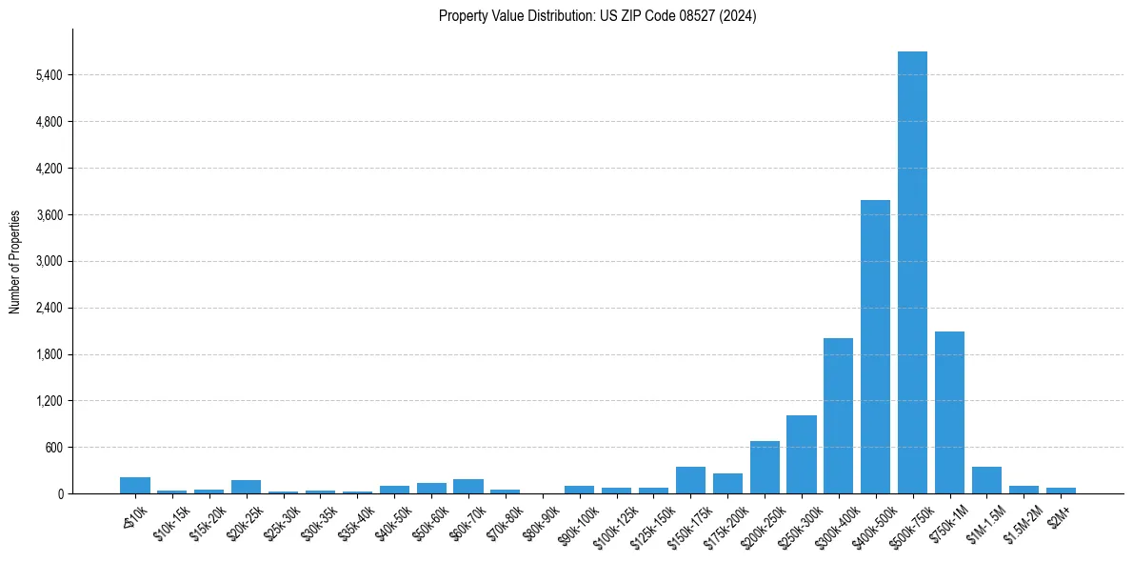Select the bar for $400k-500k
pyautogui.click(x=875, y=347)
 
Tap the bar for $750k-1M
pyautogui.click(x=949, y=412)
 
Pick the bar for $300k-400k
pyautogui.click(x=838, y=416)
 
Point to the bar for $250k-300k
pyautogui.click(x=801, y=454)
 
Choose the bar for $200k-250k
pyautogui.click(x=765, y=468)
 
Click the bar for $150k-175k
pyautogui.click(x=690, y=480)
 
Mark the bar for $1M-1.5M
pyautogui.click(x=986, y=480)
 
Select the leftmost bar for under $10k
pyautogui.click(x=135, y=486)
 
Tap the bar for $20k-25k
pyautogui.click(x=246, y=487)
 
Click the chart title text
pyautogui.click(x=597, y=16)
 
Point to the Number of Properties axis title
pyautogui.click(x=15, y=262)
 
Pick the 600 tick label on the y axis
pyautogui.click(x=54, y=448)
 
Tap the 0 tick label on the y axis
pyautogui.click(x=60, y=494)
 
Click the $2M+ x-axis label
pyautogui.click(x=1059, y=514)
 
